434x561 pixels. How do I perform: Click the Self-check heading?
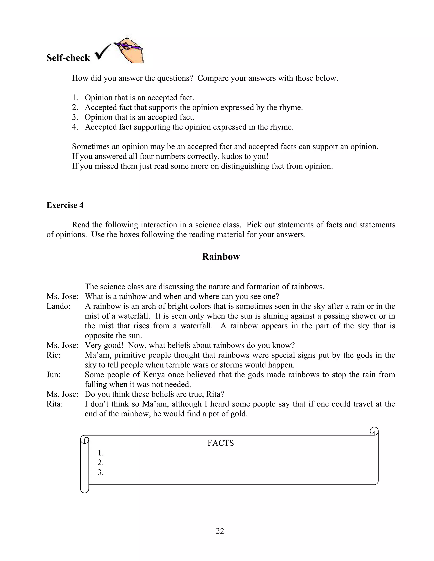pos(68,58)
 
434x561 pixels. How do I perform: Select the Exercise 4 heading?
pos(65,205)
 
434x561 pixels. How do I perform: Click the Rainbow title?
pos(221,257)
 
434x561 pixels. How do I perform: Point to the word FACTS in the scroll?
pos(221,443)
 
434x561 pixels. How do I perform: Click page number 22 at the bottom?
pos(220,531)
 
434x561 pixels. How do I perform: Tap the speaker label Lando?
pos(58,306)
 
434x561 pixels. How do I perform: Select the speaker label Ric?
pos(53,355)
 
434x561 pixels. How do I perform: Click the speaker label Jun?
pos(53,374)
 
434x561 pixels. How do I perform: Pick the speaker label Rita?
pos(55,404)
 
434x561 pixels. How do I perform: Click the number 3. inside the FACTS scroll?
pos(100,472)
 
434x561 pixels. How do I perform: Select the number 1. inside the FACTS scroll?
pos(100,453)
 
